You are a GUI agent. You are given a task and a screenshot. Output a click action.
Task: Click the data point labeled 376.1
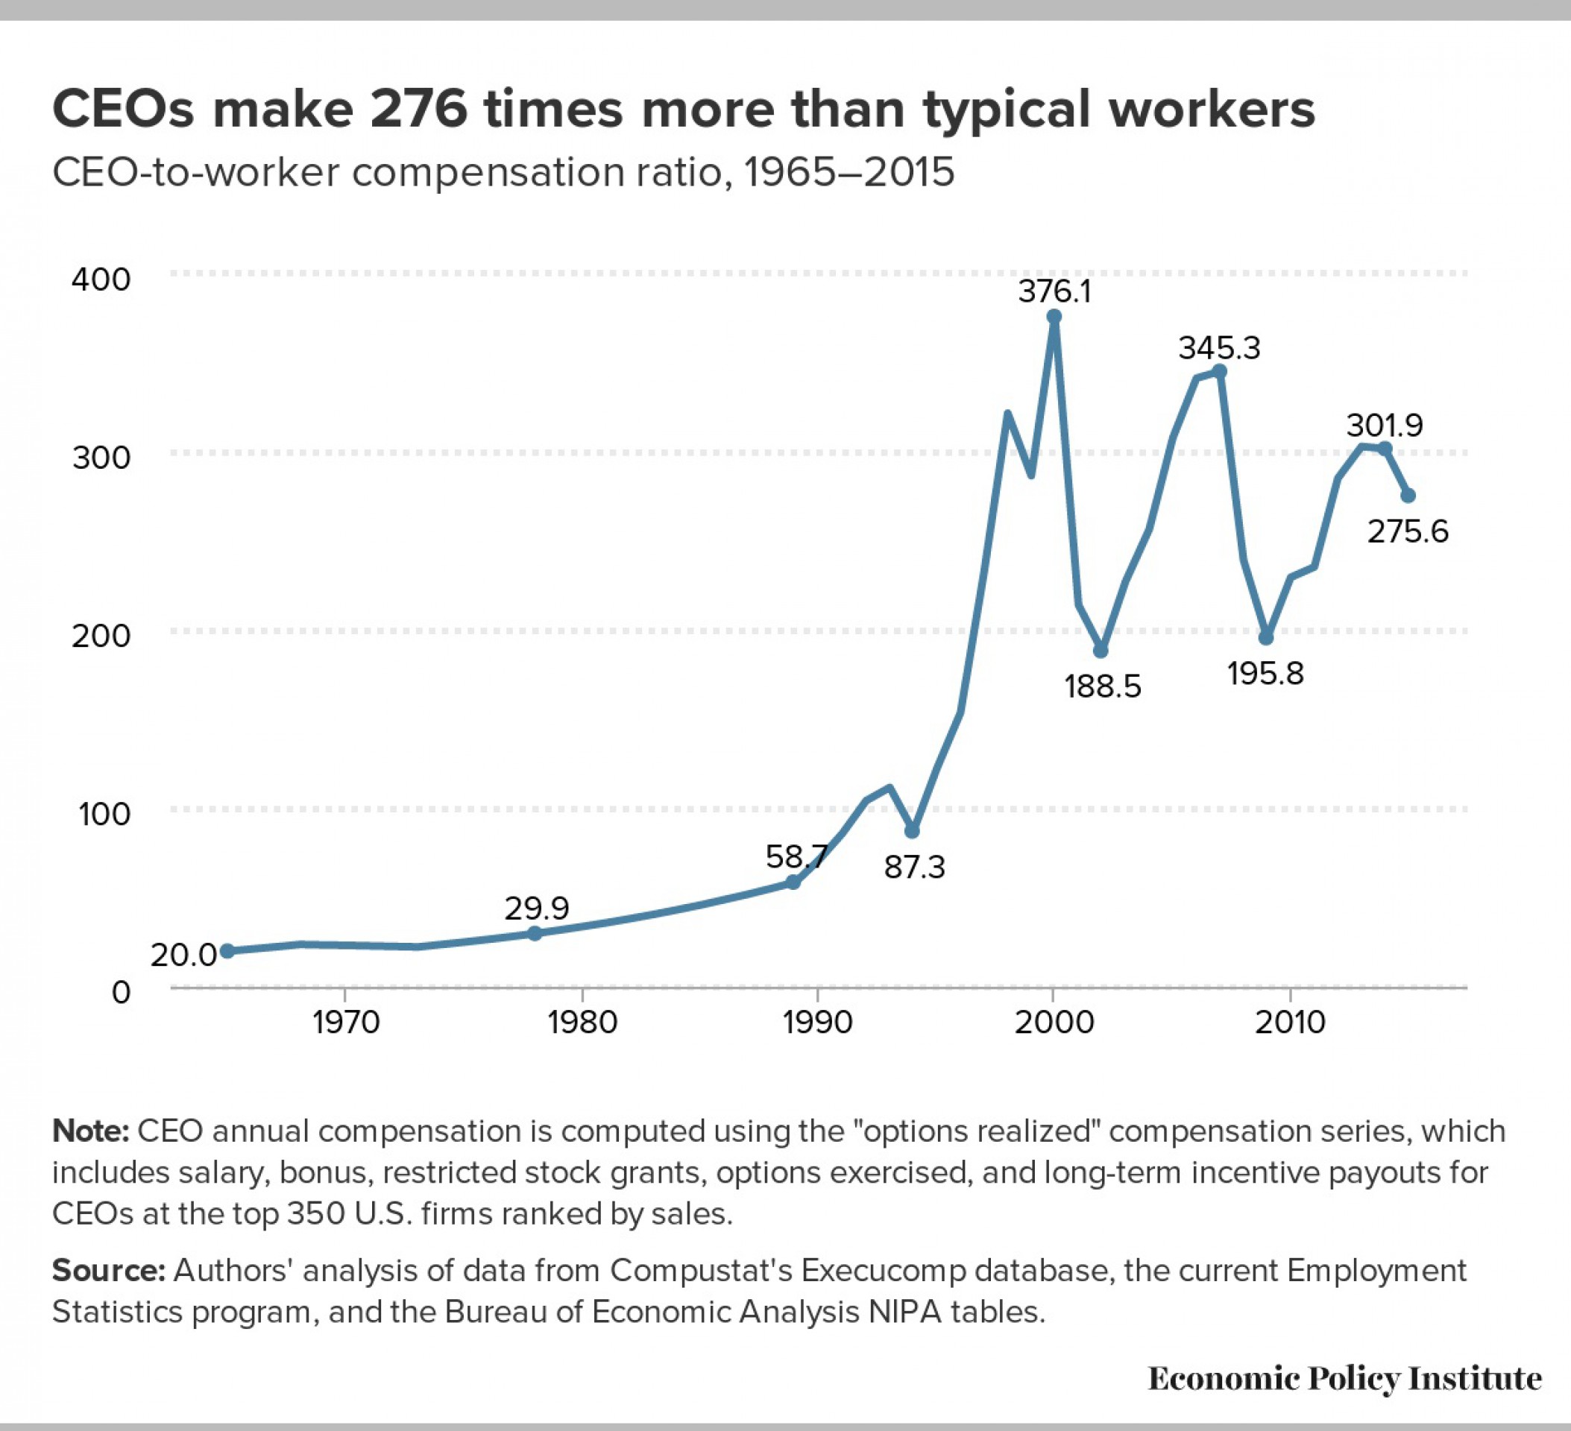point(1054,316)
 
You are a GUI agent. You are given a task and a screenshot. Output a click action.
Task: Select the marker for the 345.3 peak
point(1220,372)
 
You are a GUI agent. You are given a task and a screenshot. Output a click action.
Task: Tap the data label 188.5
point(1103,687)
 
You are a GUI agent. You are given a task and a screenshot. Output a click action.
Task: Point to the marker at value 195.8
point(1266,638)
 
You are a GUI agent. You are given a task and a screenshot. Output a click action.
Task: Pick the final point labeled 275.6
point(1408,496)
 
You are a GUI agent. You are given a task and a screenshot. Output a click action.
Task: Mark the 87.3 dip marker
point(912,832)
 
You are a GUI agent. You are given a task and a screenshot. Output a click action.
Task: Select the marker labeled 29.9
point(535,933)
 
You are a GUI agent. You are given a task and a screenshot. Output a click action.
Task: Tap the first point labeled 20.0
point(227,951)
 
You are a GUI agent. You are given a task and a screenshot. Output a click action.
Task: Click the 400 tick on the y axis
point(101,279)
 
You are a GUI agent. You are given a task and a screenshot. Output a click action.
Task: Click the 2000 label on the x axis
point(1054,1022)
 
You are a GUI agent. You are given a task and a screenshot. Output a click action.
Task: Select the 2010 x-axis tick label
point(1290,1022)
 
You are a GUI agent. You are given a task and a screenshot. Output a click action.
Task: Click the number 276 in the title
point(418,109)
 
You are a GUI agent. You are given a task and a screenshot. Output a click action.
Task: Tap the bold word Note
point(89,1131)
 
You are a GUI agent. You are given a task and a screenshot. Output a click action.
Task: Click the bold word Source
point(107,1270)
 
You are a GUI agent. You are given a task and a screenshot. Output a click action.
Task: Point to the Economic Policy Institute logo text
point(1344,1378)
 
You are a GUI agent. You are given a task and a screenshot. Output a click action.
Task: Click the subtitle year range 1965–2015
point(849,172)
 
